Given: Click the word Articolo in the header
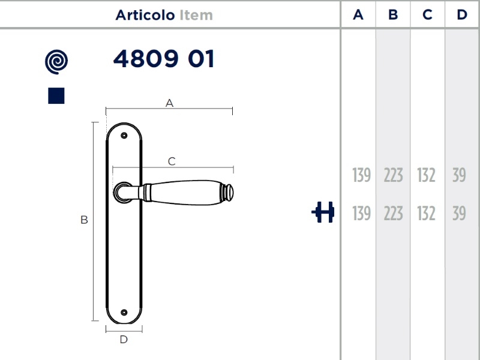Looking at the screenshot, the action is click(x=145, y=15).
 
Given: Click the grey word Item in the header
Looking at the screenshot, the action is click(x=196, y=15).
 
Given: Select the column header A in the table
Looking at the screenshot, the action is click(x=358, y=14).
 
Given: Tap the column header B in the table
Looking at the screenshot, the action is click(x=393, y=14).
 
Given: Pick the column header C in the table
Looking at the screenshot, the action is click(x=427, y=14).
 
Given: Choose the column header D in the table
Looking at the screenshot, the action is click(x=462, y=14).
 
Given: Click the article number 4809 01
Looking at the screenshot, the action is click(x=164, y=58).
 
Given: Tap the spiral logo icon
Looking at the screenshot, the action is click(x=56, y=62).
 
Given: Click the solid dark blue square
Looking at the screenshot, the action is click(x=56, y=96).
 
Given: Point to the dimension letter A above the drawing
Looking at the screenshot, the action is click(x=169, y=103).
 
